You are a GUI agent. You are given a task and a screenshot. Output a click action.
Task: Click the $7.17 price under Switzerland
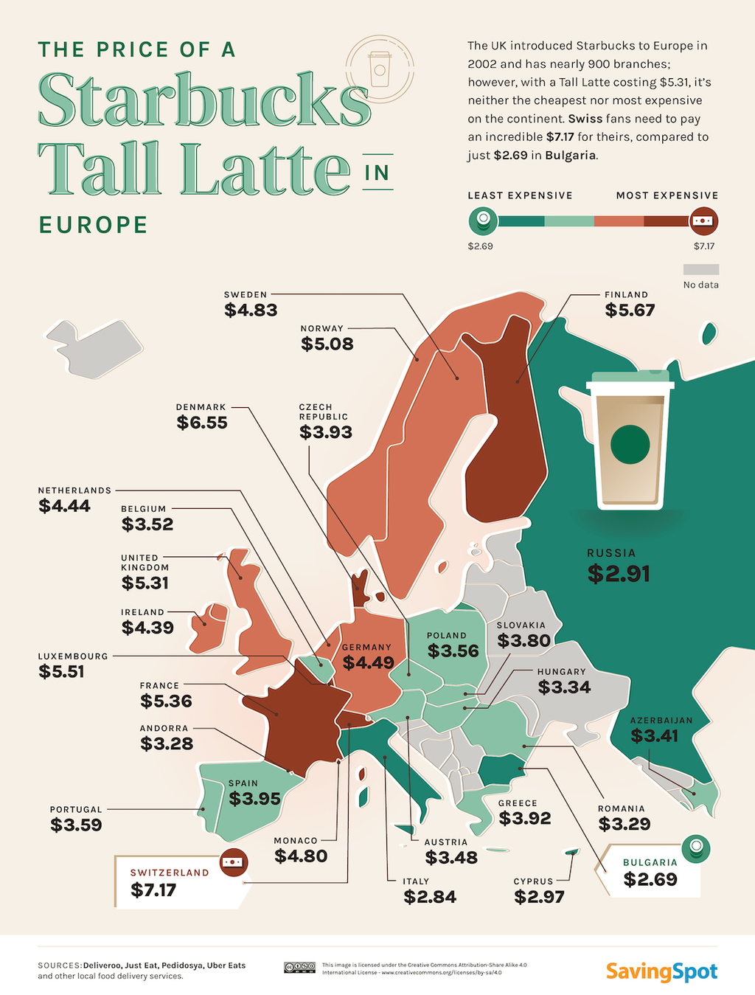coord(153,890)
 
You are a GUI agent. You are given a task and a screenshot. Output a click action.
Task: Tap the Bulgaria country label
coord(650,862)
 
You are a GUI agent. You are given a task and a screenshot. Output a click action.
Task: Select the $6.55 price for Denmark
coord(202,423)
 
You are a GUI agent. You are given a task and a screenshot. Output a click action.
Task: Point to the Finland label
coord(626,294)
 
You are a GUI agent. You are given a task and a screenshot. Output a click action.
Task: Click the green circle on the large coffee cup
coord(630,444)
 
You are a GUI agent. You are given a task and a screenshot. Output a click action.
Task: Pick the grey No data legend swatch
coord(700,269)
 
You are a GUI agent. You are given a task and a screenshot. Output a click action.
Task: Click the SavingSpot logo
coord(661,971)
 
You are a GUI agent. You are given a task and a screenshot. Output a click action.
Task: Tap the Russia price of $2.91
coord(619,574)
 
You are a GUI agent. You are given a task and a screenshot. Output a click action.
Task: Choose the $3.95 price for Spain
coord(254,799)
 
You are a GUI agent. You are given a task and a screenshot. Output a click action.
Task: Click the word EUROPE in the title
coord(94,225)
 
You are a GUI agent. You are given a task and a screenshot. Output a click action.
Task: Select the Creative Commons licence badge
coord(299,968)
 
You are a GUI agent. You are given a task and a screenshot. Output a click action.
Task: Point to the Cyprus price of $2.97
coord(539,897)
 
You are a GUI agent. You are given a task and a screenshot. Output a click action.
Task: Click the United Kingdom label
coord(145,562)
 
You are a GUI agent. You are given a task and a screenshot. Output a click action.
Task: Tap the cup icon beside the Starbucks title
coord(380,69)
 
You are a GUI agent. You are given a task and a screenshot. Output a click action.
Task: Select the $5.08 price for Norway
coord(327,344)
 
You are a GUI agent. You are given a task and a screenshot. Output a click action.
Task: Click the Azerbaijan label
coord(661,720)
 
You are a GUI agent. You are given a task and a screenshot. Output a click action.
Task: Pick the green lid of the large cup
coord(630,379)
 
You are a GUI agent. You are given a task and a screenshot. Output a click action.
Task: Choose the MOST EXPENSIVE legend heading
coord(667,195)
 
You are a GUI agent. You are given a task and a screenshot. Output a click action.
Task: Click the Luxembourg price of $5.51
coord(61,672)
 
